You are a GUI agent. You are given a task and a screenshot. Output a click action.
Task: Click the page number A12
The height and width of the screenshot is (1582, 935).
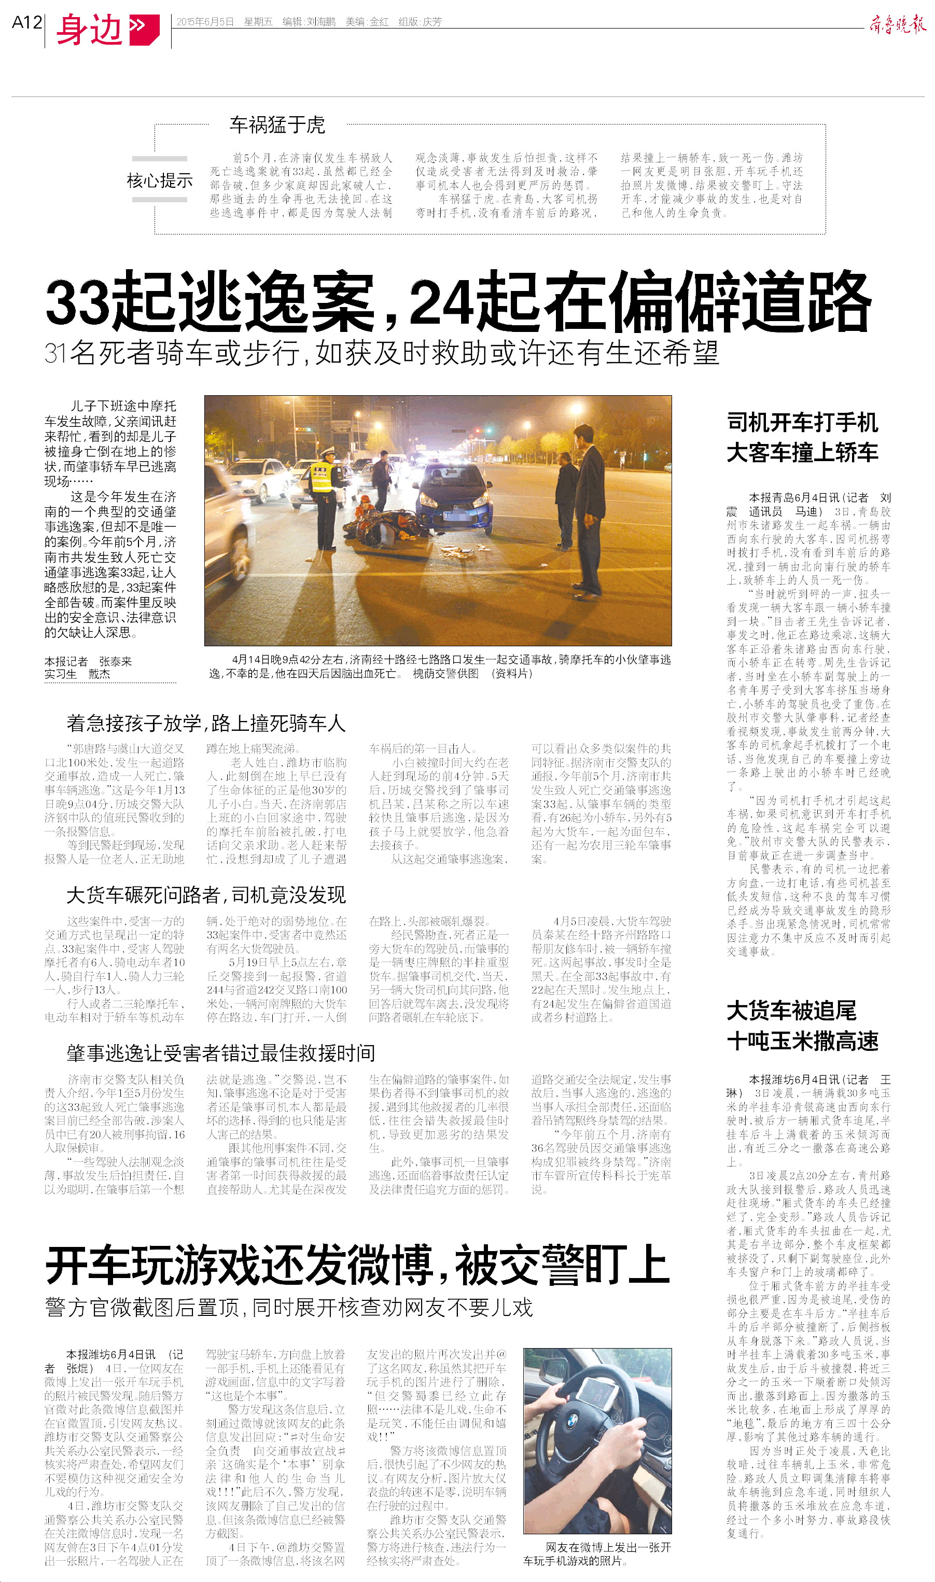pos(26,23)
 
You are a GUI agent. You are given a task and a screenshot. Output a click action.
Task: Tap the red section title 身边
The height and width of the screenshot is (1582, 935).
pos(89,30)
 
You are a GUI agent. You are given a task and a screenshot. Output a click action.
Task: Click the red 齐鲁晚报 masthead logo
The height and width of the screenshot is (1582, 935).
pos(897,24)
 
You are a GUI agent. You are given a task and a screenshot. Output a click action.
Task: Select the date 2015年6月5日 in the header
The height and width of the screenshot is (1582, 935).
pos(205,22)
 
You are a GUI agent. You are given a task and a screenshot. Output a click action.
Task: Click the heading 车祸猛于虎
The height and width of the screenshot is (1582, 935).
pos(277,125)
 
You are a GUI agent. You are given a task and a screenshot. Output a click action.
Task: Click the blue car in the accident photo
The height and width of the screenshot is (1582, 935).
pos(455,495)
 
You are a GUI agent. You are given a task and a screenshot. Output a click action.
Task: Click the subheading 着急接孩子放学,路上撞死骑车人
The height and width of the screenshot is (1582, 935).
pos(206,723)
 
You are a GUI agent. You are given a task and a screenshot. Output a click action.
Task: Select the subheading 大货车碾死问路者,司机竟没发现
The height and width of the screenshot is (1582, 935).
pos(206,895)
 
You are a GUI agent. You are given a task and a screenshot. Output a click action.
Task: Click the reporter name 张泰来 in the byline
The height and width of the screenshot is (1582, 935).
pos(115,661)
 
